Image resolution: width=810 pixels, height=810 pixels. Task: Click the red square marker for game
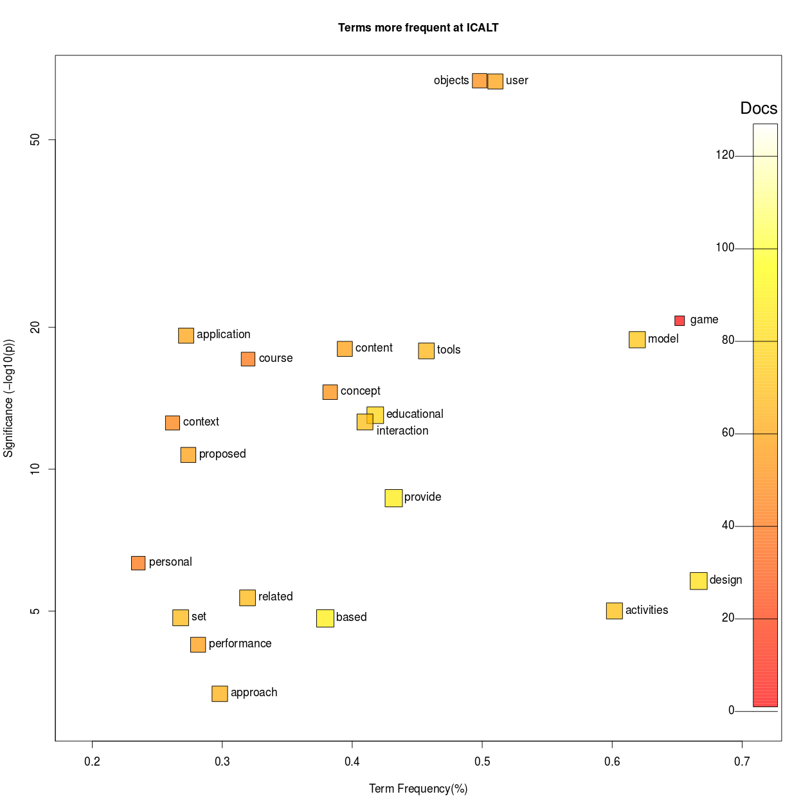(x=679, y=321)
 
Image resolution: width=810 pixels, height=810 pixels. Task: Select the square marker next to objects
(x=480, y=80)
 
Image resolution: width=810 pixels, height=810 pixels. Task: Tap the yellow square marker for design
(x=698, y=580)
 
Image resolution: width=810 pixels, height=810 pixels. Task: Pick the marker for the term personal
(x=138, y=563)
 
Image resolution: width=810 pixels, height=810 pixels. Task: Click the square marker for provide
(x=393, y=498)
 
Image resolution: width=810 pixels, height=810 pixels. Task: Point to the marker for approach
(x=220, y=694)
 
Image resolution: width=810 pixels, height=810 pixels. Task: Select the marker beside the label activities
(x=615, y=611)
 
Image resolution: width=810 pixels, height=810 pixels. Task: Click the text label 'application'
(x=223, y=334)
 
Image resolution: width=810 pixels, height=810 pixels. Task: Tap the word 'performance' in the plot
(x=240, y=643)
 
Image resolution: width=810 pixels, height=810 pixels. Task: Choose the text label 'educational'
(x=415, y=414)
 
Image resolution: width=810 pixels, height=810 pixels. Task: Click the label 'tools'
(x=449, y=350)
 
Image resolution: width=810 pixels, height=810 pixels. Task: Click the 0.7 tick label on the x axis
(x=742, y=762)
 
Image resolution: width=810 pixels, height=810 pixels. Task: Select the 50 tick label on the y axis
(x=35, y=140)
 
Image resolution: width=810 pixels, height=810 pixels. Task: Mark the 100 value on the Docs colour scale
(x=724, y=248)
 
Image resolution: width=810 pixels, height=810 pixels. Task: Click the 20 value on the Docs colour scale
(x=728, y=618)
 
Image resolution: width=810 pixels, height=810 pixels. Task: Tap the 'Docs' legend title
(x=759, y=108)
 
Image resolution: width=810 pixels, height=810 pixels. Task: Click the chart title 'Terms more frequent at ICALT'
(x=418, y=28)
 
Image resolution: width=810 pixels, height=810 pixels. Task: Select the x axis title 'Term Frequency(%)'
(x=418, y=789)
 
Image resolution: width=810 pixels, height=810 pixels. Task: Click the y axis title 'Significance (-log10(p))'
(x=8, y=399)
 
